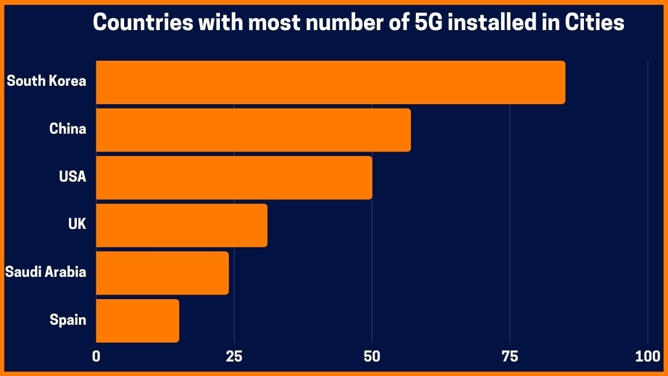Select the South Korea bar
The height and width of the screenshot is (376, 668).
click(330, 82)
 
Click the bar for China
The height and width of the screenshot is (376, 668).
click(253, 130)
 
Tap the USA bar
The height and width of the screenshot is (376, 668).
click(234, 178)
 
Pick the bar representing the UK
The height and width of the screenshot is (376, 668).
click(181, 226)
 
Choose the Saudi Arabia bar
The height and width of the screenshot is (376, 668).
click(162, 273)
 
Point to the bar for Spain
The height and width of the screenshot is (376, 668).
click(137, 321)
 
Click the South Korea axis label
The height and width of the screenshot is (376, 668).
click(46, 81)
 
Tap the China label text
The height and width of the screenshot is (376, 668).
click(67, 129)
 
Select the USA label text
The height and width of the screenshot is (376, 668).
click(72, 177)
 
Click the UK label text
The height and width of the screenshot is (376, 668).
click(77, 224)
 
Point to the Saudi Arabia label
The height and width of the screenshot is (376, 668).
click(46, 272)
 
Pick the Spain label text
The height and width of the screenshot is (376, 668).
click(68, 320)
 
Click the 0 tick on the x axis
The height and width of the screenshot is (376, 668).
click(96, 357)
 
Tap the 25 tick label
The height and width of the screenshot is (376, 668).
click(234, 357)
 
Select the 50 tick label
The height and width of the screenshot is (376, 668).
click(372, 357)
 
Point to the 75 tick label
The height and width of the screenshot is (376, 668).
click(510, 357)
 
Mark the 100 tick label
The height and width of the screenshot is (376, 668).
click(647, 357)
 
